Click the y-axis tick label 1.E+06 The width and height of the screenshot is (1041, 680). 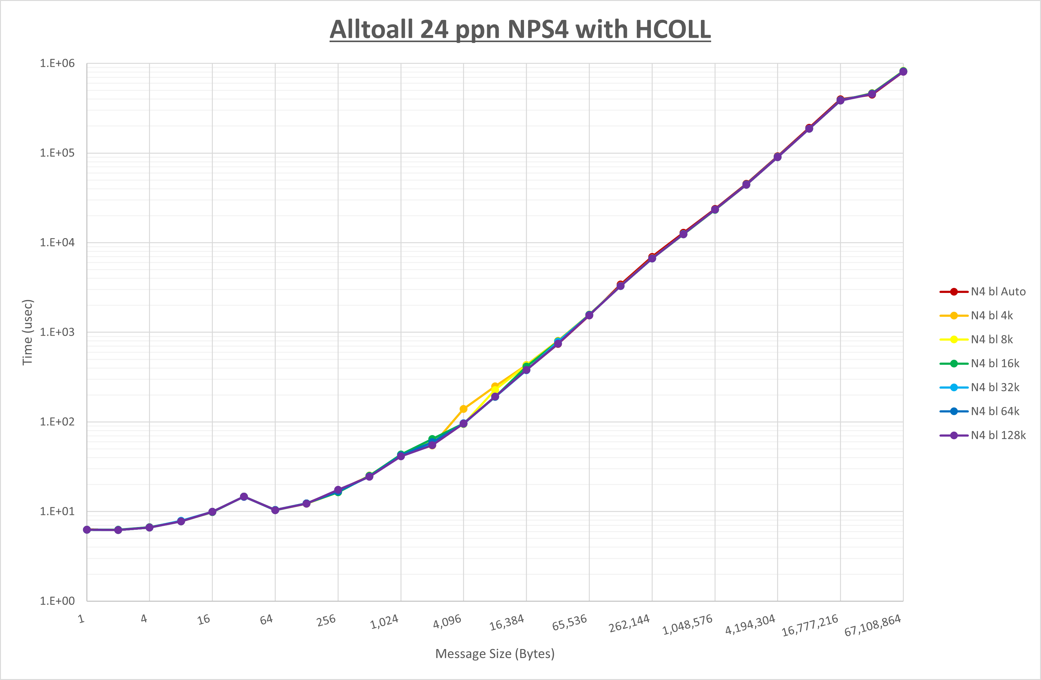[57, 63]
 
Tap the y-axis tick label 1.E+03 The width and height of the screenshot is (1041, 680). [57, 332]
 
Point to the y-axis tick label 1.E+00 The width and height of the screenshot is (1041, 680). [57, 601]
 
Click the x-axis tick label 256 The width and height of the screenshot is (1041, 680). [326, 620]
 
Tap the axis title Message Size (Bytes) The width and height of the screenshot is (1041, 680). [495, 654]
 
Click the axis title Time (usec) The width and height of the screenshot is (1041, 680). [28, 332]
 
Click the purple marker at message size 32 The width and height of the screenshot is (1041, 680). [244, 497]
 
